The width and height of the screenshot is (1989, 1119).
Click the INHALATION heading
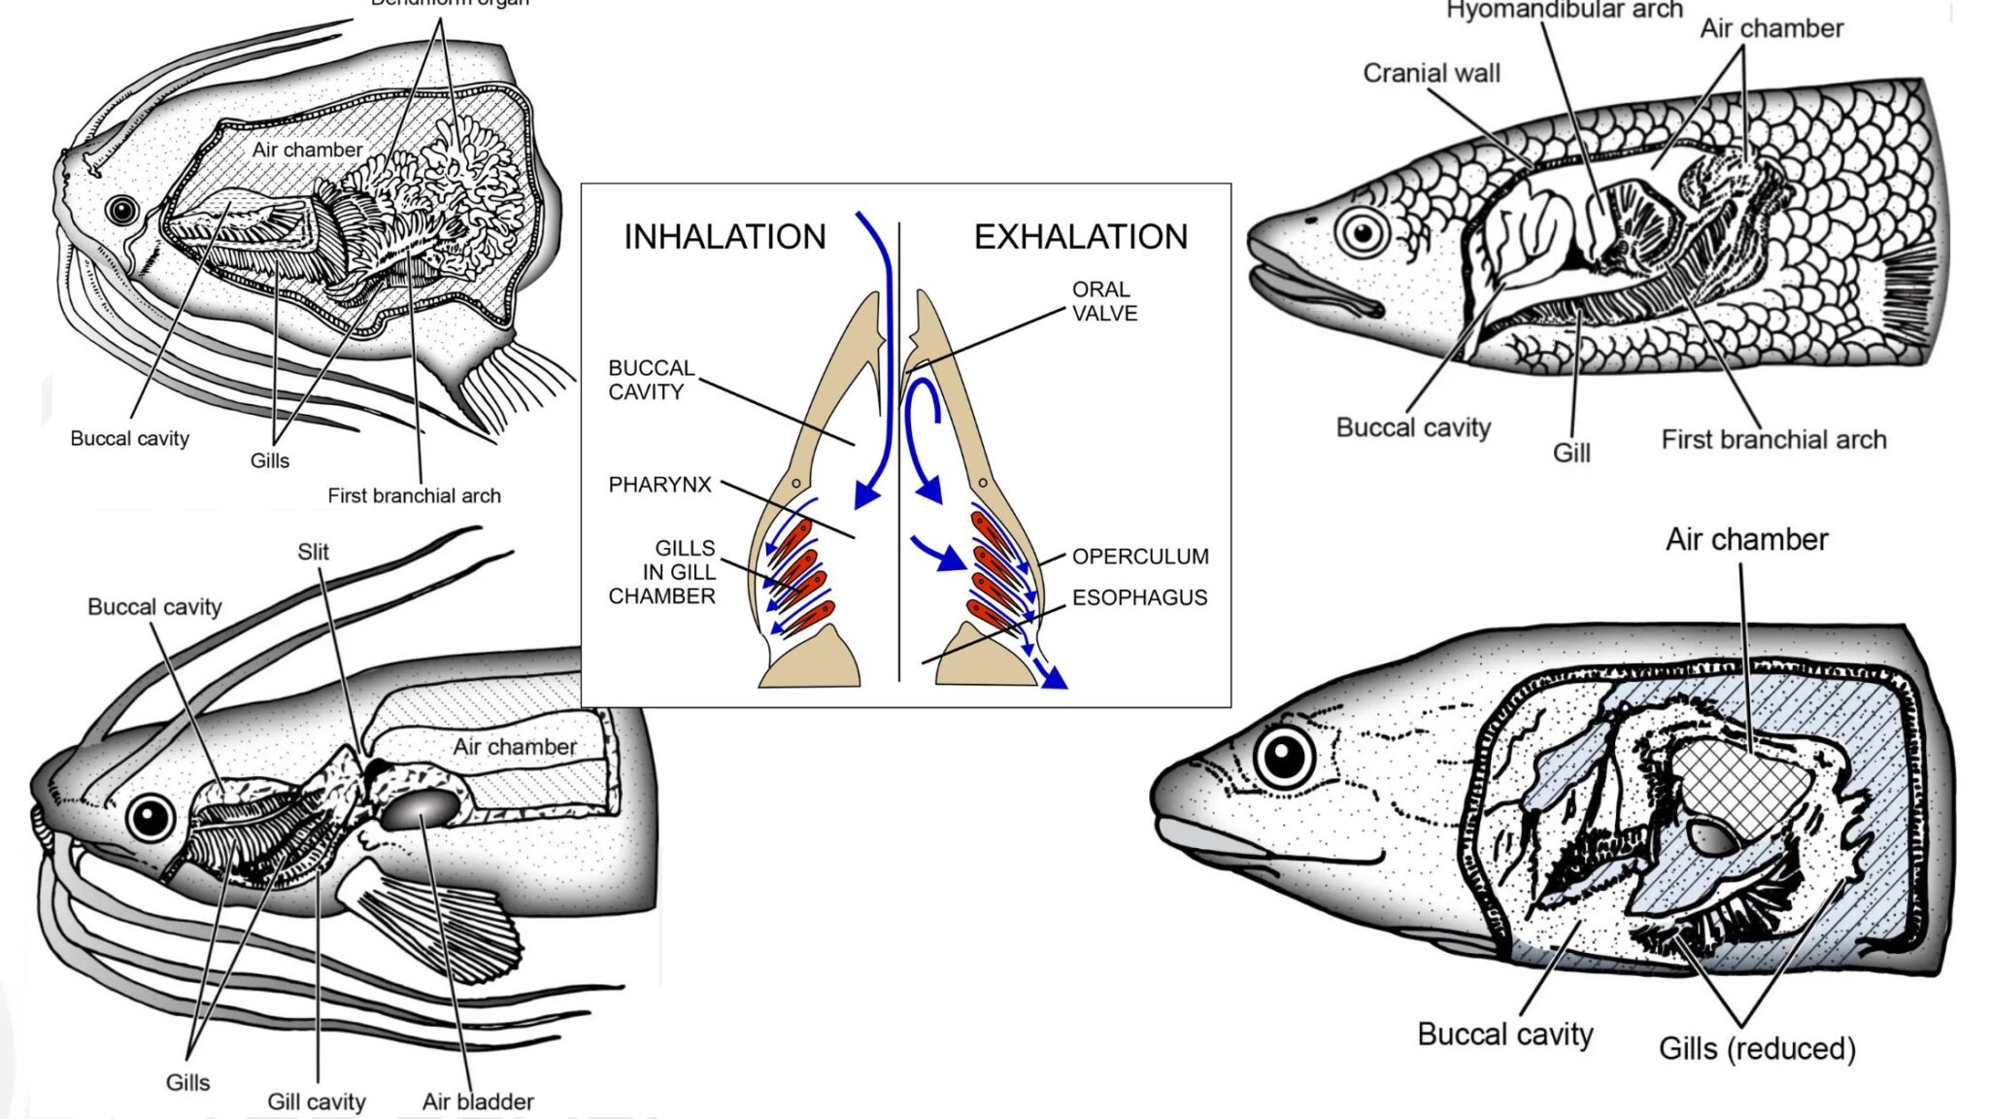pos(725,236)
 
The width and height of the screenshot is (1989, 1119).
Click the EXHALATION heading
pos(1080,236)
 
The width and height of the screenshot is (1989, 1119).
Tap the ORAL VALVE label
pos(1104,301)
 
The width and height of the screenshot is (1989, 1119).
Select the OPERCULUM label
pos(1140,557)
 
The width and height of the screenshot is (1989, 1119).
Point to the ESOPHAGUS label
pos(1139,597)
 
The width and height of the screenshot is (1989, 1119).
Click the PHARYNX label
pos(659,485)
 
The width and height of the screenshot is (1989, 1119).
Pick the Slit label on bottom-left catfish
pos(313,552)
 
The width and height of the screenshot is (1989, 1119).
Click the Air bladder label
pos(478,1102)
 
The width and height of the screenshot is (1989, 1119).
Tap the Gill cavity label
pos(317,1102)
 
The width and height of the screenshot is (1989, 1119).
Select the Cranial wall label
pos(1431,73)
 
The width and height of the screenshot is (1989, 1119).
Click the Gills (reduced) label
pos(1757,1049)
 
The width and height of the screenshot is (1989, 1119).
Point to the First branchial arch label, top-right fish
pos(1773,439)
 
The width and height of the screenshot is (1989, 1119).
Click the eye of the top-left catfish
pos(121,210)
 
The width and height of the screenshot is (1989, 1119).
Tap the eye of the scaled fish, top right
pos(1363,233)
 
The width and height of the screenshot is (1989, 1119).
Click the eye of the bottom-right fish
pos(1284,756)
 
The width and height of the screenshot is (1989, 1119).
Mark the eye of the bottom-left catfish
pos(152,817)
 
